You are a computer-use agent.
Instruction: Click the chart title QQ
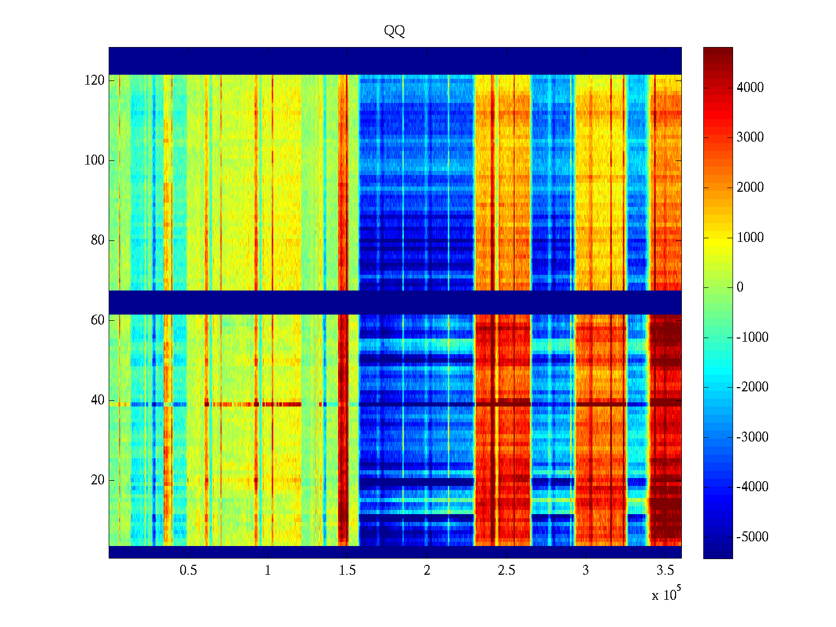pos(394,31)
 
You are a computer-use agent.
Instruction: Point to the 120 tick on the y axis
pos(95,80)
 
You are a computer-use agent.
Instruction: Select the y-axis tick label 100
pos(95,160)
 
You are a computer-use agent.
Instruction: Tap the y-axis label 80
pos(98,240)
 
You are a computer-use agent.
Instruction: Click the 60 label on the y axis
pos(98,320)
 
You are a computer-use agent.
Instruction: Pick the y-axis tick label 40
pos(98,400)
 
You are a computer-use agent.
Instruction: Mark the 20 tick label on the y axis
pos(98,480)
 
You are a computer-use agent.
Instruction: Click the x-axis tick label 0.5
pos(189,571)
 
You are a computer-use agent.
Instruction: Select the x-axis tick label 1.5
pos(347,571)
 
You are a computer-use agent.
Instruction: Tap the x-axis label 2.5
pos(506,571)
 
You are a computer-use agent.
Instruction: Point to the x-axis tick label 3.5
pos(665,571)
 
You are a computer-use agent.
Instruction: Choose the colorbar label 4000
pos(750,88)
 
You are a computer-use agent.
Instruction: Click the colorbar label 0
pos(740,287)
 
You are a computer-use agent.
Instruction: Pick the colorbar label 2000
pos(750,188)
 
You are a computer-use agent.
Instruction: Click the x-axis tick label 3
pos(586,571)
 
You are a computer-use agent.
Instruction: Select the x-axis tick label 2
pos(427,571)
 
